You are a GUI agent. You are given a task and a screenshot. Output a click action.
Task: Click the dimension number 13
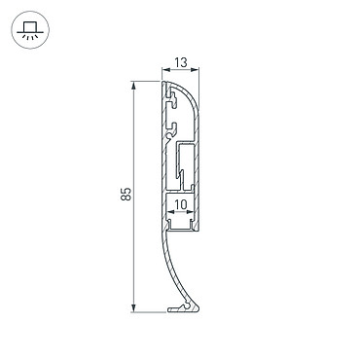tap(181, 62)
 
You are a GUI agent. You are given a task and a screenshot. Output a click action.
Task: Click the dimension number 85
tap(126, 194)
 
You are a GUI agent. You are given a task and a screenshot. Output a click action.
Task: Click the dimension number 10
tap(181, 204)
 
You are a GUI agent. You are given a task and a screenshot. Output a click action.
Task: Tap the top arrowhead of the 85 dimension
tap(133, 86)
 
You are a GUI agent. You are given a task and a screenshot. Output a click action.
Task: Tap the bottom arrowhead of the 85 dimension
tap(133, 308)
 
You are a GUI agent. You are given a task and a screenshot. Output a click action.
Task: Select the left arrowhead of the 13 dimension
tap(165, 69)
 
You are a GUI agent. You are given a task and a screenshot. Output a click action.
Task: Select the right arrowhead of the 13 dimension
tap(195, 69)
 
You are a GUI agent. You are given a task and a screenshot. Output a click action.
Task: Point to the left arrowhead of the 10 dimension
tap(170, 212)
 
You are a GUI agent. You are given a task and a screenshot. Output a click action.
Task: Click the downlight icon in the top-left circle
tap(30, 30)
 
